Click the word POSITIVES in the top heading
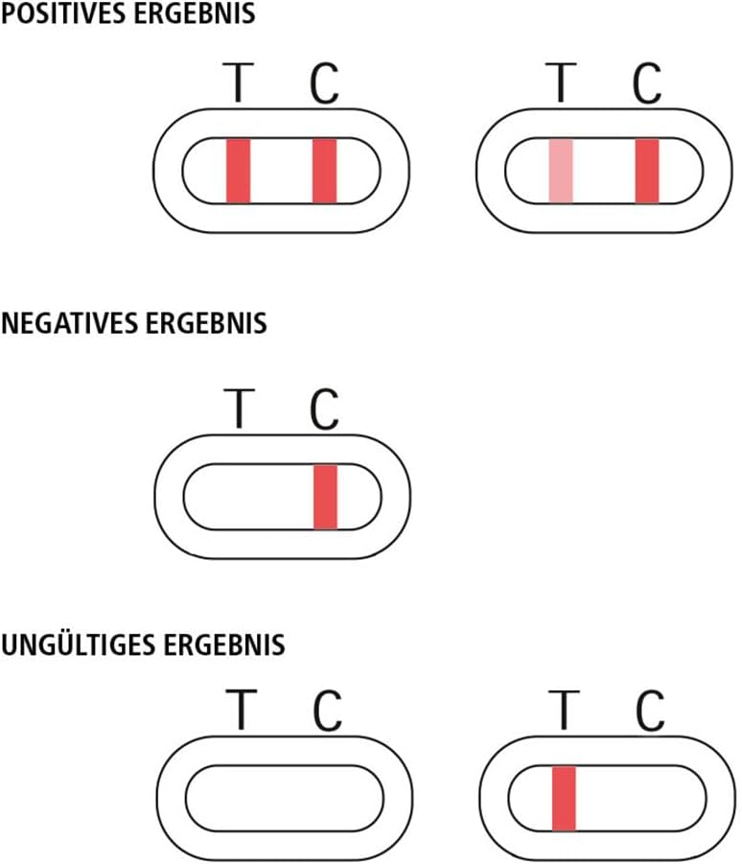(64, 13)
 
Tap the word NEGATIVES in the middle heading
(69, 323)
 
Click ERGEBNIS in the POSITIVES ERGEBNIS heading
(195, 13)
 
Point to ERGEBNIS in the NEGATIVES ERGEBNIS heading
(206, 323)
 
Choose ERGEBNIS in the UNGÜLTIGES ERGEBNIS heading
(224, 644)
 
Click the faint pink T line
(561, 171)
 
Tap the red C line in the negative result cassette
(326, 497)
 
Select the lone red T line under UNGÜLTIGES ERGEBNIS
(564, 798)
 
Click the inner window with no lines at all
(284, 798)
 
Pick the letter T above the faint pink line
(562, 82)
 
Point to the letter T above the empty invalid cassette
(242, 710)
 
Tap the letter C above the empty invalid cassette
(328, 711)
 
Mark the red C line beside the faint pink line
(647, 171)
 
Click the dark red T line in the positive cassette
(239, 171)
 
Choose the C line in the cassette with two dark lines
(324, 171)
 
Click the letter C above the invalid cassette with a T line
(650, 711)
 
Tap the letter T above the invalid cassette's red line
(564, 710)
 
